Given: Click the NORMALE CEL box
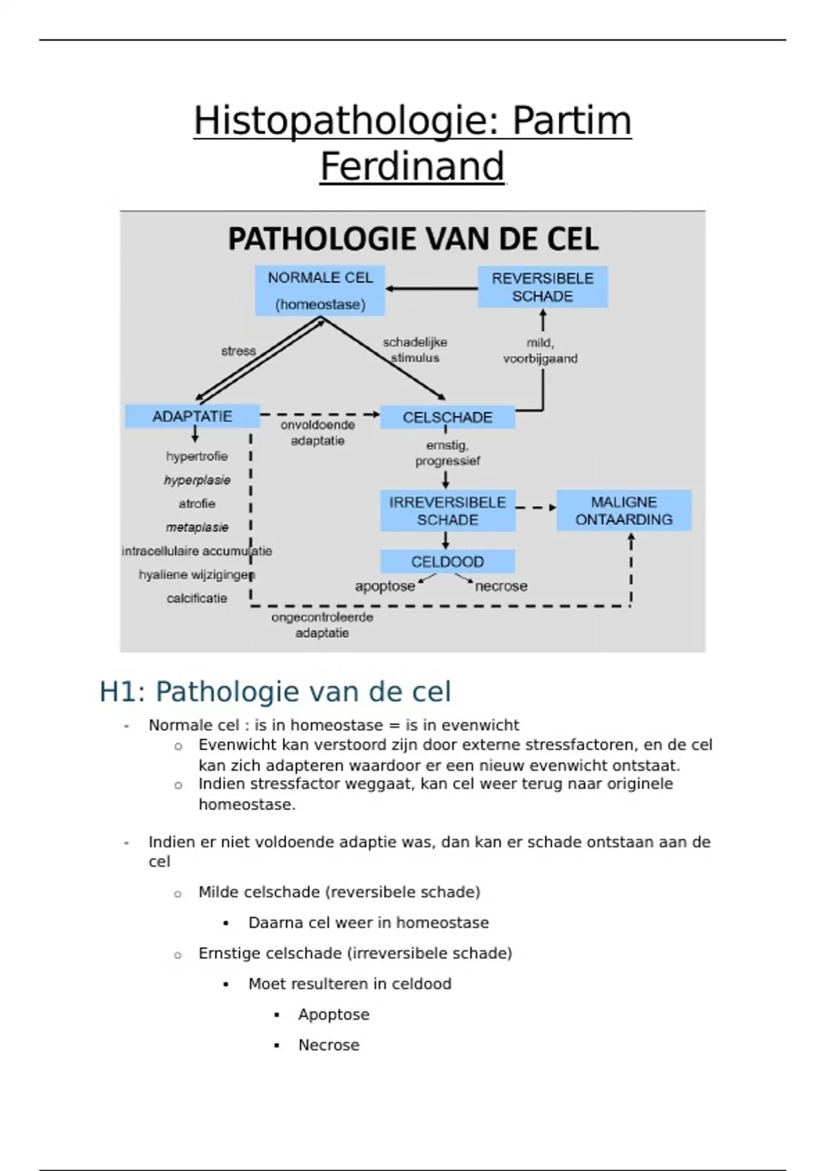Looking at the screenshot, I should pos(320,290).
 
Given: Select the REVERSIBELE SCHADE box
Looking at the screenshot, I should pos(542,287).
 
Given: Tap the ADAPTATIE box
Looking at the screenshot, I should pos(192,416).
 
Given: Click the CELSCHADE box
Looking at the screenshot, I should pos(447,417).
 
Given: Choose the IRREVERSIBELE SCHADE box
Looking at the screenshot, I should pos(447,510).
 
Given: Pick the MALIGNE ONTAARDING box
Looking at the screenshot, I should pos(624,510).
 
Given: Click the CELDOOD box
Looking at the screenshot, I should pos(447,561).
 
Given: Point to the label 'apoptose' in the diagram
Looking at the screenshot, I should pos(385,586).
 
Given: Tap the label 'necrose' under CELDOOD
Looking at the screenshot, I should pos(501,586).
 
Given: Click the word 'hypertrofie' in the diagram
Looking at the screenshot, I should pos(197,456).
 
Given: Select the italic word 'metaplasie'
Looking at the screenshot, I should pos(197,527).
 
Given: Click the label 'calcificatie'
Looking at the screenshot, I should pos(197,598).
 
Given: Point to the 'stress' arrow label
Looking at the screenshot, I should pos(238,351).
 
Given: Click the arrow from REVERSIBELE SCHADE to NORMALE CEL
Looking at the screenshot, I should pos(432,289).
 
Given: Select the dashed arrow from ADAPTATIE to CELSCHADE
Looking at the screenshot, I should pos(320,415).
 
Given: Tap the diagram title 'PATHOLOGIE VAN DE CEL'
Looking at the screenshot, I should pos(413,239).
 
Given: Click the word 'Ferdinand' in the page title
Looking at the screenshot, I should pos(412,166).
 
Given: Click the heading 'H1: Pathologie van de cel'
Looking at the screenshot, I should pos(275,692).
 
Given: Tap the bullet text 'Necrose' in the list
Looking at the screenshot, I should pos(329,1045).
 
